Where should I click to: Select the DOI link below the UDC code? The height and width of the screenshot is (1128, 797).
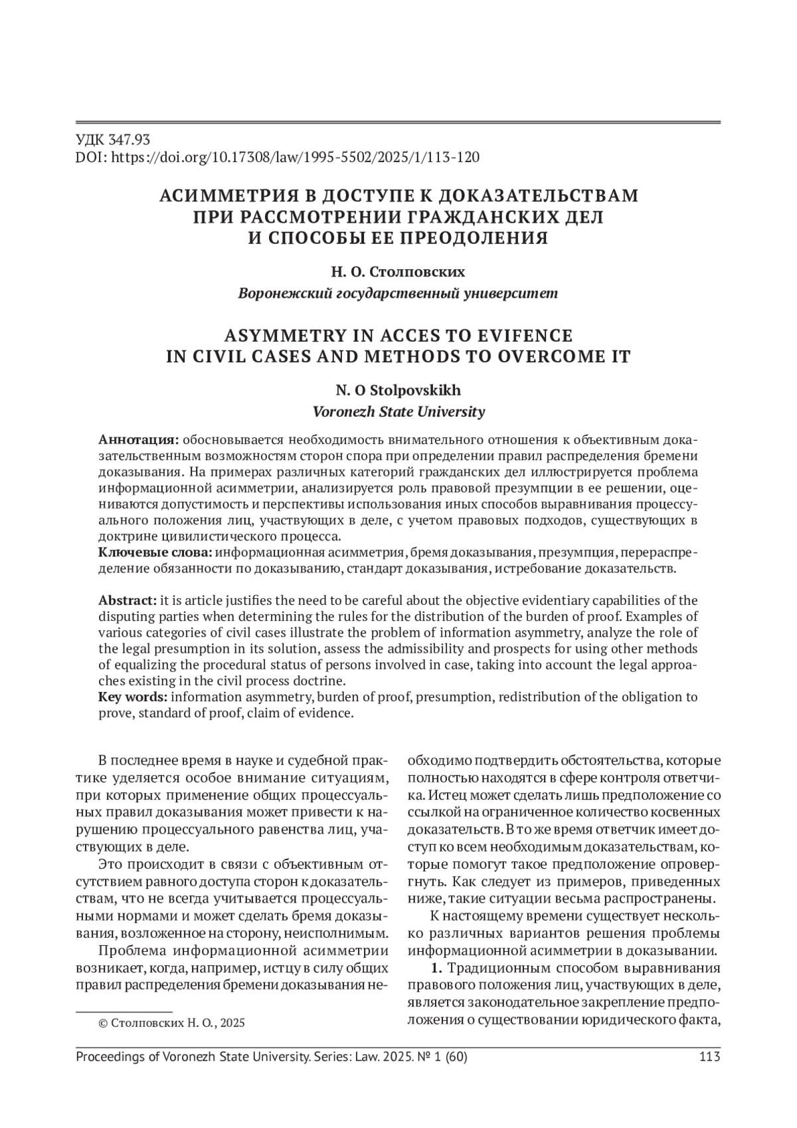pos(294,158)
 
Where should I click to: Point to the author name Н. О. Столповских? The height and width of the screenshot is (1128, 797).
pos(398,273)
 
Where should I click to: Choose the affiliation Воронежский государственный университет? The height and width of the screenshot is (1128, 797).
pos(398,293)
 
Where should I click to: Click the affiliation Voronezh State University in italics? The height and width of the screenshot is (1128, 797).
pos(398,411)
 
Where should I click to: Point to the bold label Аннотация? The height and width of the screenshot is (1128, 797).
pos(139,440)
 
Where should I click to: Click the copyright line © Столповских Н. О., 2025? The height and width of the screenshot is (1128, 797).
pos(171,1023)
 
